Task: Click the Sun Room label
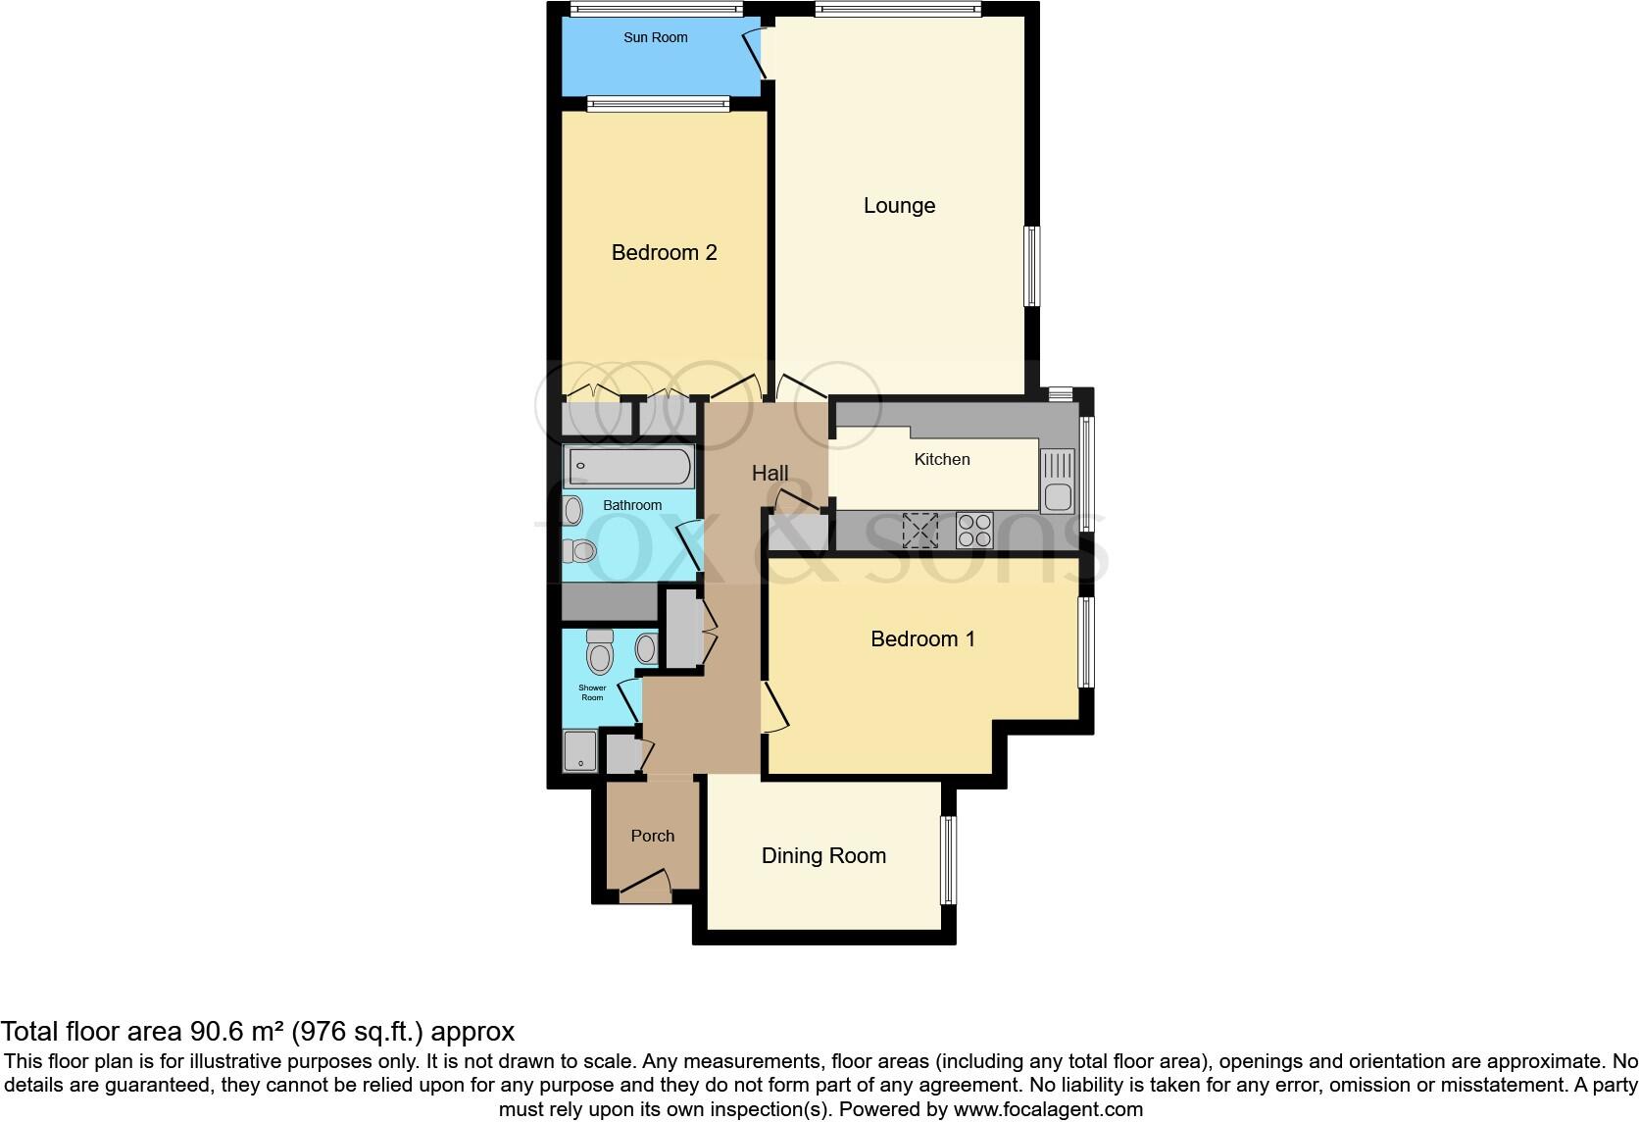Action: tap(656, 38)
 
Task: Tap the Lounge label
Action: tap(899, 206)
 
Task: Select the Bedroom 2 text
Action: tap(664, 253)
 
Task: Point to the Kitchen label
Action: tap(941, 459)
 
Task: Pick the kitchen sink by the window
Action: tap(1058, 482)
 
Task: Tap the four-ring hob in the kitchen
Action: tap(974, 531)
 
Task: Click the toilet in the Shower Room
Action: tap(599, 651)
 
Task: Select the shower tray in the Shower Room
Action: tap(579, 751)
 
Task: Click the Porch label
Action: tap(652, 837)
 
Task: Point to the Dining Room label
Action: tap(823, 856)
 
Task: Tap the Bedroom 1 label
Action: tap(922, 639)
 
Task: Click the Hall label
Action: tap(770, 474)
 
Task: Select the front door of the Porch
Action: tap(645, 891)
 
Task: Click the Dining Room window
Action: tap(947, 860)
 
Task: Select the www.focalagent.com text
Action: tap(1048, 1110)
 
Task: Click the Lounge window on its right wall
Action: tap(1031, 267)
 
